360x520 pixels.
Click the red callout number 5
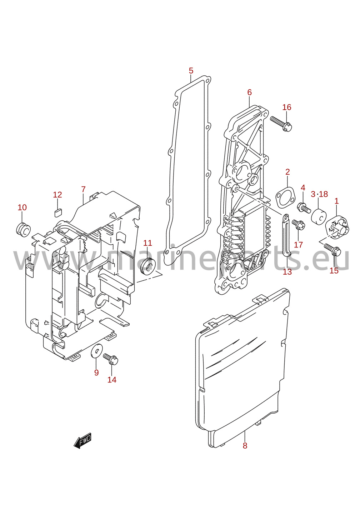coord(191,71)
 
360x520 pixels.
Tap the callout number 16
coord(287,107)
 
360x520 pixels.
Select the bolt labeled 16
coord(281,123)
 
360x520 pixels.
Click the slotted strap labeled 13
coord(286,235)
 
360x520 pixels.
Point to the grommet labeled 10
coord(23,230)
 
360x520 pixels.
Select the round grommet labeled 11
coord(147,265)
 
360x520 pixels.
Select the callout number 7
coord(83,189)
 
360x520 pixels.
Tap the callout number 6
coord(249,92)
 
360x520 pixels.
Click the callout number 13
coord(287,271)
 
